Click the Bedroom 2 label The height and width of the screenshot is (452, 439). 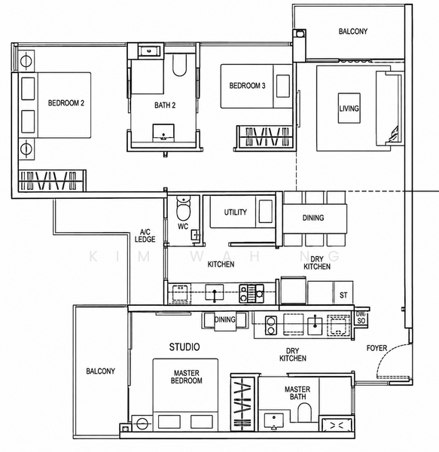66,103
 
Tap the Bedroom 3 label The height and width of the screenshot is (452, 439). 247,86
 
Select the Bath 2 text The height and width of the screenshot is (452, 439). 165,105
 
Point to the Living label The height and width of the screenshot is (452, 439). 349,108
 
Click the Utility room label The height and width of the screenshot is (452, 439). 236,212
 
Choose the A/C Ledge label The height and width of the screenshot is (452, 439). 145,236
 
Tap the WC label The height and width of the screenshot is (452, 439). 183,226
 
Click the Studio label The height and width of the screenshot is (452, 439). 184,347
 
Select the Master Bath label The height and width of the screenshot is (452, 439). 297,393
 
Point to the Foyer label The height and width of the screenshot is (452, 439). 377,348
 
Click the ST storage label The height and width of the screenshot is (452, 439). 343,295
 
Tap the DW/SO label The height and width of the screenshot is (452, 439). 361,317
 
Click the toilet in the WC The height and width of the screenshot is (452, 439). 183,208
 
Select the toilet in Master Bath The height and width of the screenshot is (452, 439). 304,413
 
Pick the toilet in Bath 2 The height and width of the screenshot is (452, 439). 179,65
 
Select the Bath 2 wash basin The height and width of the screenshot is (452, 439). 163,133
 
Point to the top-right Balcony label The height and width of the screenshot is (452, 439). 353,31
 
